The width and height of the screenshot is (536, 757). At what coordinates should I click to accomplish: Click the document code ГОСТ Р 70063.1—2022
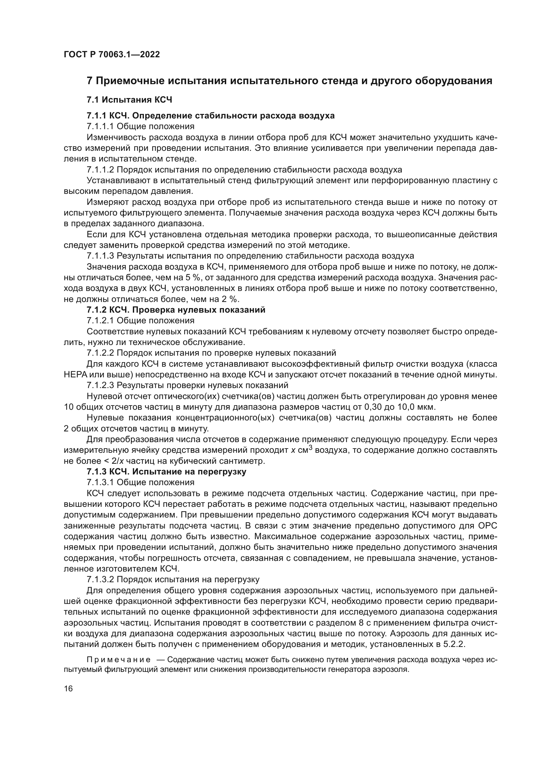pos(111,55)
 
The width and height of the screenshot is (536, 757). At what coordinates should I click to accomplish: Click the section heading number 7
pos(89,81)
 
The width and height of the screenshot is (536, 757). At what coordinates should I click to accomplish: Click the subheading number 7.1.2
pos(96,310)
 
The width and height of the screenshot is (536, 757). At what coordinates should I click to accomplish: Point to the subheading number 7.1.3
pos(96,472)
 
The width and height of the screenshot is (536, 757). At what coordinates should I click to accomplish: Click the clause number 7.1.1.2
pos(100,170)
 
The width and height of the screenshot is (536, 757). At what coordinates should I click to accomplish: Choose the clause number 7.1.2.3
pos(100,385)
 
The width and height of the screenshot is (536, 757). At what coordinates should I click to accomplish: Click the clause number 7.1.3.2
pos(100,580)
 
